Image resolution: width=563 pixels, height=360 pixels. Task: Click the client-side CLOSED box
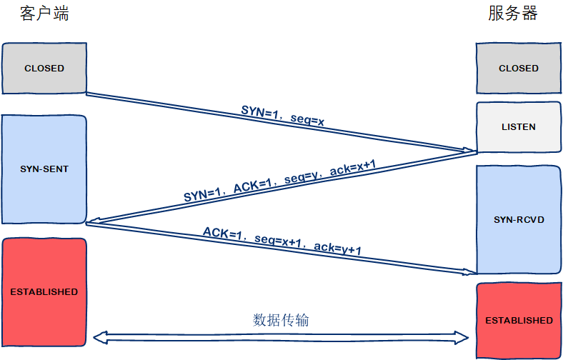click(x=44, y=69)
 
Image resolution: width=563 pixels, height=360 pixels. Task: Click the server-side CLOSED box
click(x=519, y=69)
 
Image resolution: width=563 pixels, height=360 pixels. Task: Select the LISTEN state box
click(x=519, y=127)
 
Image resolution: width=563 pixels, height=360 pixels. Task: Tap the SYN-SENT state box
click(x=44, y=169)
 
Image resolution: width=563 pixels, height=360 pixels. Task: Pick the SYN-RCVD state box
click(x=519, y=219)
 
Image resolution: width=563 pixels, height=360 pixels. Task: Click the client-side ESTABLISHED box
click(x=44, y=291)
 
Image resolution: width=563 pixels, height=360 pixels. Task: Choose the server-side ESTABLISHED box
click(x=519, y=320)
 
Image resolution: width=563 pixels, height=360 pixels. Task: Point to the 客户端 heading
click(x=44, y=14)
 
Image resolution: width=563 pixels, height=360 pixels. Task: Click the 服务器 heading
click(x=513, y=14)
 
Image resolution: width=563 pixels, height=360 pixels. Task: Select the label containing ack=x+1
click(x=280, y=181)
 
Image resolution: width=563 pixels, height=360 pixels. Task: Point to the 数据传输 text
click(x=281, y=319)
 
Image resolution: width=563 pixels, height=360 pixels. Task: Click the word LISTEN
click(x=519, y=127)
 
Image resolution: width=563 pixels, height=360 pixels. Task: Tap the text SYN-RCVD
click(x=519, y=219)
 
